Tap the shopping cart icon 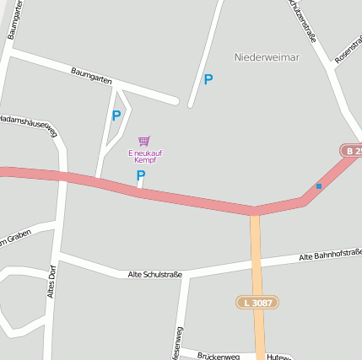click(x=143, y=141)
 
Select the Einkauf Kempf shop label click(x=145, y=156)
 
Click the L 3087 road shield click(x=257, y=302)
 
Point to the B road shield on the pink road click(x=352, y=151)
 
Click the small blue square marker click(x=318, y=185)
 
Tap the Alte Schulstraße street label click(x=154, y=274)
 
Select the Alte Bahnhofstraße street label click(x=331, y=255)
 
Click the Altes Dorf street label click(x=52, y=281)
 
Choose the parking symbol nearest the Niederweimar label click(x=208, y=80)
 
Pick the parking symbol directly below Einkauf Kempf click(x=141, y=175)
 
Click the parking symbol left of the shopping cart click(x=116, y=116)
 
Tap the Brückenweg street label click(x=219, y=356)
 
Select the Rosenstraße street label click(x=348, y=49)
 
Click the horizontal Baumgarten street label click(x=91, y=77)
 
